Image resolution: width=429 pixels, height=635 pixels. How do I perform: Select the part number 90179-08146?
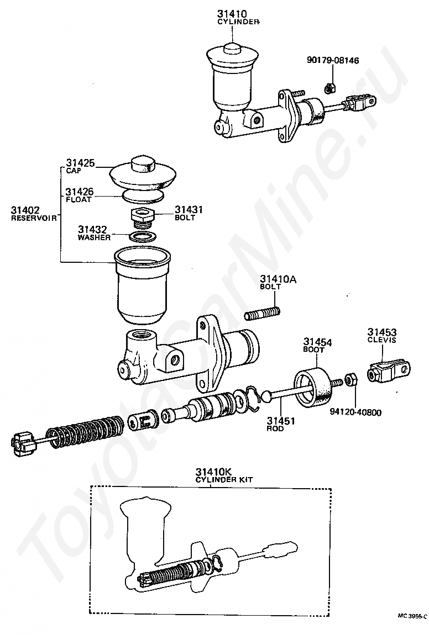point(333,60)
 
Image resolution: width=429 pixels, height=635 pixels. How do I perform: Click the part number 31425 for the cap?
point(81,163)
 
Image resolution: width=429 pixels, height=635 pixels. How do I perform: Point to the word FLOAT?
point(79,199)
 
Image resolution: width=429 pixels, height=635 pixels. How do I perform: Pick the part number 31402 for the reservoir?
point(25,210)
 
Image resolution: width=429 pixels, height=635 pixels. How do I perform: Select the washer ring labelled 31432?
point(142,237)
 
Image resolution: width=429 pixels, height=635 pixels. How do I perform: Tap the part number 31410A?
point(278,279)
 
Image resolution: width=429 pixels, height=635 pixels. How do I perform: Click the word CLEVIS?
point(381,340)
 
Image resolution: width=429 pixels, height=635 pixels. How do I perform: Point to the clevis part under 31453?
point(390,371)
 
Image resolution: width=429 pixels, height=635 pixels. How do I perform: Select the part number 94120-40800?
point(355,411)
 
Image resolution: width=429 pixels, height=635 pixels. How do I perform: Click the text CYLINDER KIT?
point(224,480)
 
